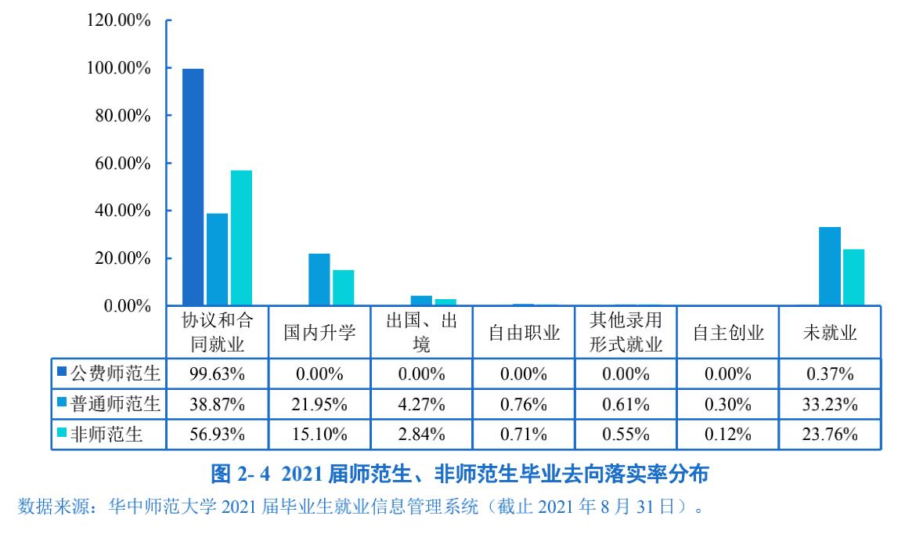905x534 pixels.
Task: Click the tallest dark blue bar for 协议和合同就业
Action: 193,187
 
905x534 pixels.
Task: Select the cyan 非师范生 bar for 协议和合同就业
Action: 241,238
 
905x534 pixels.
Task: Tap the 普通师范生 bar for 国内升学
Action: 319,280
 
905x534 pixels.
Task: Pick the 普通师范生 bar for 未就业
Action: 829,266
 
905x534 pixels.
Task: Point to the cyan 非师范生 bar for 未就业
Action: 853,277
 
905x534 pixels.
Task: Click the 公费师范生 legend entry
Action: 109,373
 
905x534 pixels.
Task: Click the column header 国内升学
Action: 319,333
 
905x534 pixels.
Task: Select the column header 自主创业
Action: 728,333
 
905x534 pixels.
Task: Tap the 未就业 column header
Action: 830,333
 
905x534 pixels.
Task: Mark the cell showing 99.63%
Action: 217,373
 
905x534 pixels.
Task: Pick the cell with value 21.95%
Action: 319,404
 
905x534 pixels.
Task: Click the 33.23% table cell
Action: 830,404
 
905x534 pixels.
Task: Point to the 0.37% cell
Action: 830,373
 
